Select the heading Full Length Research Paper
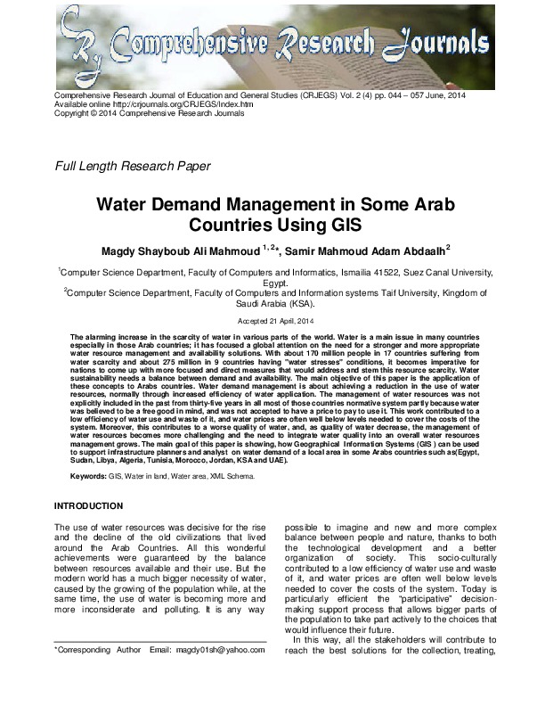coord(133,166)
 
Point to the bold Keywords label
coord(88,477)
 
